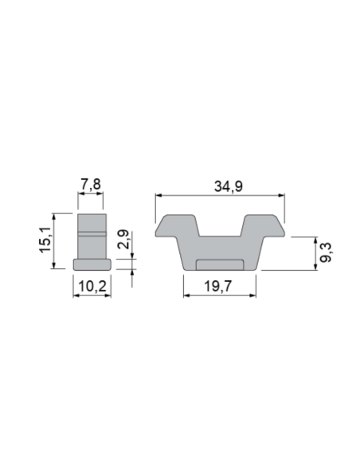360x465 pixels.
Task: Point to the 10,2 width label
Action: pyautogui.click(x=91, y=283)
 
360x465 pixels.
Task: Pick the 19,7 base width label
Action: pyautogui.click(x=220, y=284)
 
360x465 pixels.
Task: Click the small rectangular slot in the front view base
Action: pyautogui.click(x=220, y=264)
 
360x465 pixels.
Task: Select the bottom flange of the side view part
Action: pyautogui.click(x=92, y=264)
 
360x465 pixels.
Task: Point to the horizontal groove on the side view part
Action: pyautogui.click(x=92, y=232)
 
